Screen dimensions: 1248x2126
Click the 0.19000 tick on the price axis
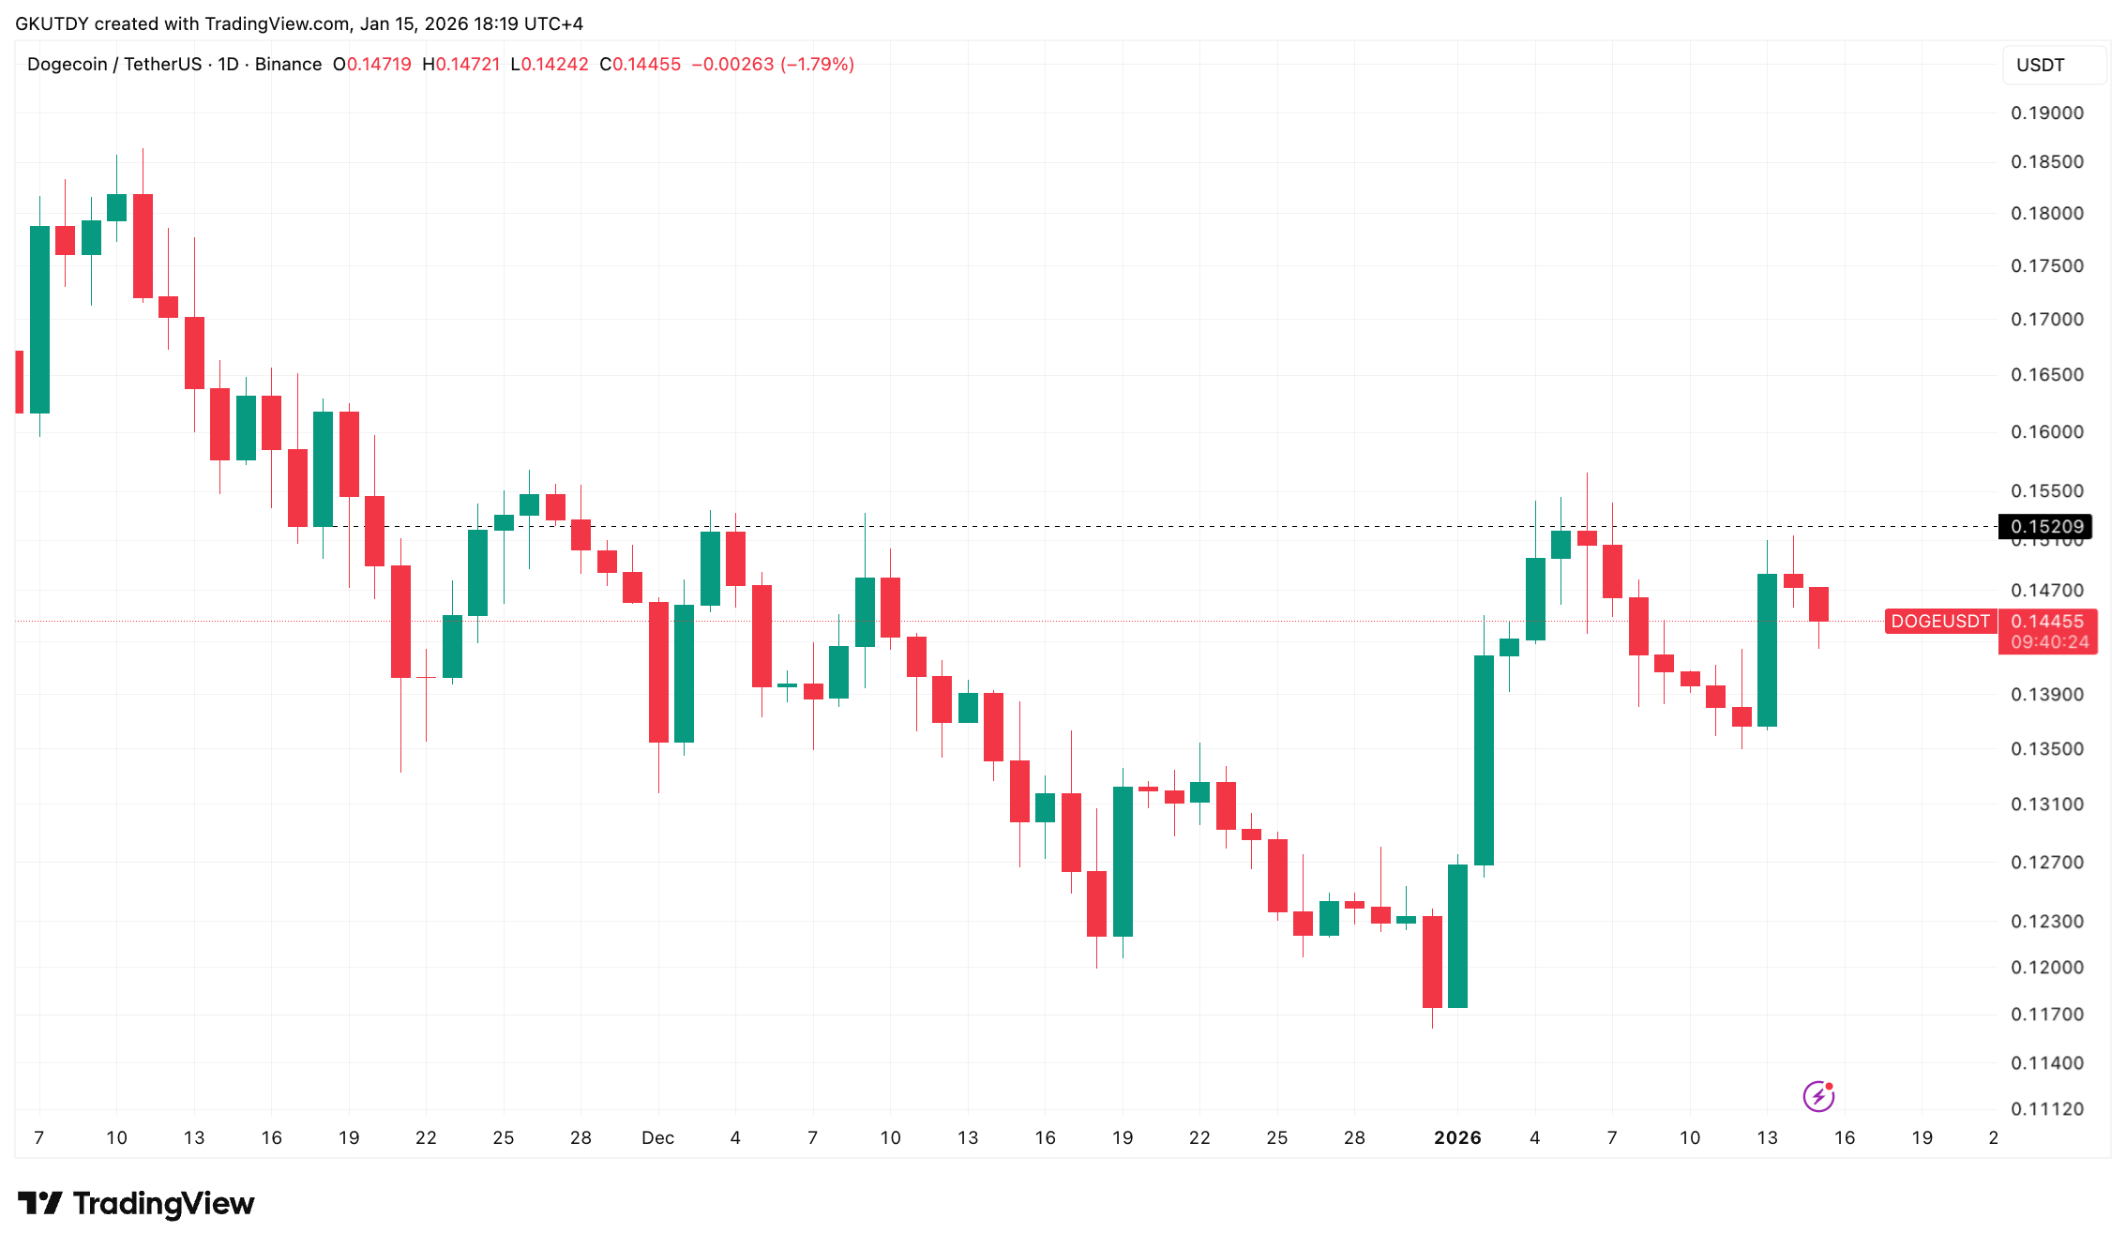pyautogui.click(x=2046, y=113)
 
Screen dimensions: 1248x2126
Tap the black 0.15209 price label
pyautogui.click(x=2045, y=527)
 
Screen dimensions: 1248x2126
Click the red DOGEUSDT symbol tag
pyautogui.click(x=1939, y=622)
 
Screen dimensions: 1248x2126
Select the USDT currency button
pyautogui.click(x=2040, y=66)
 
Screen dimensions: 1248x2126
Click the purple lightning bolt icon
pyautogui.click(x=1817, y=1096)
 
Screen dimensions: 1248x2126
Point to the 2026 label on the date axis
pyautogui.click(x=1457, y=1138)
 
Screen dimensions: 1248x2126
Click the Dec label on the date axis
pyautogui.click(x=657, y=1138)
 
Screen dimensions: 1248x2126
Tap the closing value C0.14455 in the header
pyautogui.click(x=641, y=65)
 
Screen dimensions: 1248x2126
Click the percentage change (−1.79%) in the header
pyautogui.click(x=817, y=65)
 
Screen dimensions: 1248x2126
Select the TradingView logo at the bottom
pyautogui.click(x=136, y=1204)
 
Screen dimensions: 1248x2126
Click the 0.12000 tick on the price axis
pyautogui.click(x=2046, y=968)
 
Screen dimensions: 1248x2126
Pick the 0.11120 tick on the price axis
pyautogui.click(x=2046, y=1109)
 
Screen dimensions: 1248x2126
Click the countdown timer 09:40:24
pyautogui.click(x=2049, y=642)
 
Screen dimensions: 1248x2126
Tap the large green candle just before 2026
pyautogui.click(x=1457, y=936)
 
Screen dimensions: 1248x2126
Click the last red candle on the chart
pyautogui.click(x=1818, y=604)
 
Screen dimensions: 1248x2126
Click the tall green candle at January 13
pyautogui.click(x=1767, y=650)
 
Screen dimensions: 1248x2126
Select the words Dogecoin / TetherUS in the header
pyautogui.click(x=114, y=65)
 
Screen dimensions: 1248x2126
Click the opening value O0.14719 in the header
pyautogui.click(x=372, y=65)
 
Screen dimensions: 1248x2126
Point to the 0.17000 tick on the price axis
pyautogui.click(x=2046, y=320)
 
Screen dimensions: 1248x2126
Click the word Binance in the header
pyautogui.click(x=288, y=65)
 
